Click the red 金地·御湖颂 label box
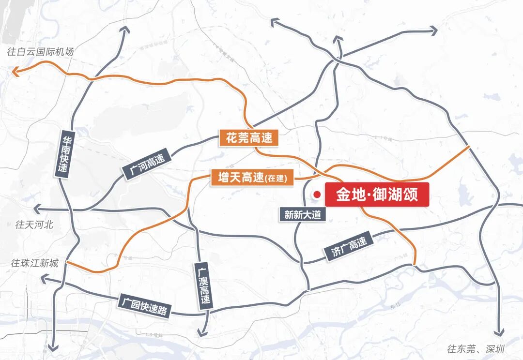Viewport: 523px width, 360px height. pos(377,195)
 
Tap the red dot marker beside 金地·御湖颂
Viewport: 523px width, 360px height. pos(317,195)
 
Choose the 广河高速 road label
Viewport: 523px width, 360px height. pos(147,165)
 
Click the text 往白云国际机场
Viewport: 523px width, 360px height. pos(41,52)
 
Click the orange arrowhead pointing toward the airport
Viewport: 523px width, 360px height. pos(15,73)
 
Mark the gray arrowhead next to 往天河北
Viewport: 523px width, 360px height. pos(35,209)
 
